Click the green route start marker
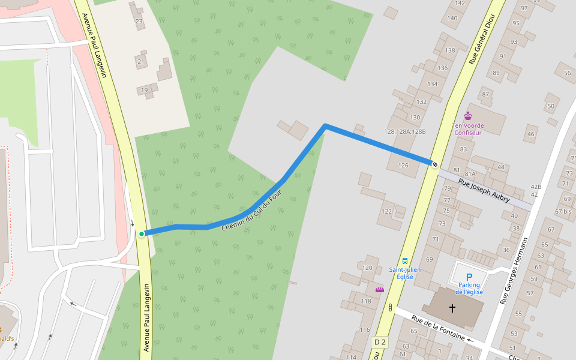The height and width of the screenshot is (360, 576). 142,234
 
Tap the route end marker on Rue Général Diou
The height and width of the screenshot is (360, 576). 434,164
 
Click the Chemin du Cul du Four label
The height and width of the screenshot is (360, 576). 251,210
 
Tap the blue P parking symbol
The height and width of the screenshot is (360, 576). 469,277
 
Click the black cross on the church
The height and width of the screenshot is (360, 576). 452,308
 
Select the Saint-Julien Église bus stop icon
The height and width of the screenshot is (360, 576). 405,261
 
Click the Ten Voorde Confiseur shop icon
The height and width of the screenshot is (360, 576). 468,116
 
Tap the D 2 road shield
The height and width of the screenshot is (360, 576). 380,342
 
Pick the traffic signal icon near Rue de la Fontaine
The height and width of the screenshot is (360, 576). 390,308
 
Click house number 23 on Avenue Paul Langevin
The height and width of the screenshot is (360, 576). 139,22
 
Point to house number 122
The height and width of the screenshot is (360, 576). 387,211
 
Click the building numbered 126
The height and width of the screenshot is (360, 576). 403,165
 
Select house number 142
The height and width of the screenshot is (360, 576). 460,3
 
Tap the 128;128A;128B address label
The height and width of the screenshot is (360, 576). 405,131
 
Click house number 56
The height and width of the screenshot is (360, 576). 567,73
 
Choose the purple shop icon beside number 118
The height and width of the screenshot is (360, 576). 379,290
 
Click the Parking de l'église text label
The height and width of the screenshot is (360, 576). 469,289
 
